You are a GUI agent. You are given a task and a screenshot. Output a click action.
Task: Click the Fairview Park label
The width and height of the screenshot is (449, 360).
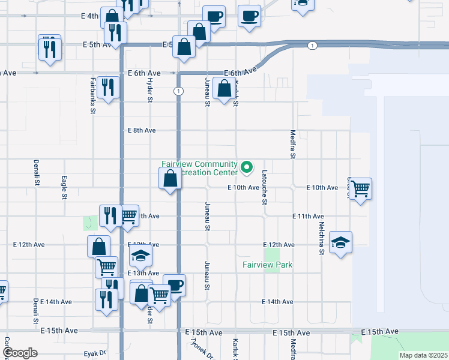(267, 265)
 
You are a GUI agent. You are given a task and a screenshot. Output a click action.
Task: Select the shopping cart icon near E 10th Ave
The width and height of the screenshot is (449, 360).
(360, 189)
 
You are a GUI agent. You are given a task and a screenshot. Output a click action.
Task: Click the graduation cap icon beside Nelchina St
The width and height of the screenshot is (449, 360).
(340, 242)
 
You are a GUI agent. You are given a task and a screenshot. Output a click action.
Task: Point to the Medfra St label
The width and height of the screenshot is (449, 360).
(292, 145)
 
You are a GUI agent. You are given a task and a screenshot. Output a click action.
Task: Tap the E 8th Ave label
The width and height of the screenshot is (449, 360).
(142, 130)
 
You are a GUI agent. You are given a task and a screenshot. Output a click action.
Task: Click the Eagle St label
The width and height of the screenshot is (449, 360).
(64, 187)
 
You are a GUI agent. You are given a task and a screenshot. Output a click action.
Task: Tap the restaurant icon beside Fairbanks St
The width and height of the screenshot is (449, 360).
(108, 87)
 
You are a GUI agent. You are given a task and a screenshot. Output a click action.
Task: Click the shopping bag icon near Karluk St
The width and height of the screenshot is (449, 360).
(224, 88)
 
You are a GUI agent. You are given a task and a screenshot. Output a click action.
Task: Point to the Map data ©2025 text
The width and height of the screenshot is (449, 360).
(423, 355)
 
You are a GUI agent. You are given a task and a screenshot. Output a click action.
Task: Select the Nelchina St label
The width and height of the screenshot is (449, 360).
(322, 239)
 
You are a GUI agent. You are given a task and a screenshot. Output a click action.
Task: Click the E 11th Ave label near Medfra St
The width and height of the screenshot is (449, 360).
(308, 216)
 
